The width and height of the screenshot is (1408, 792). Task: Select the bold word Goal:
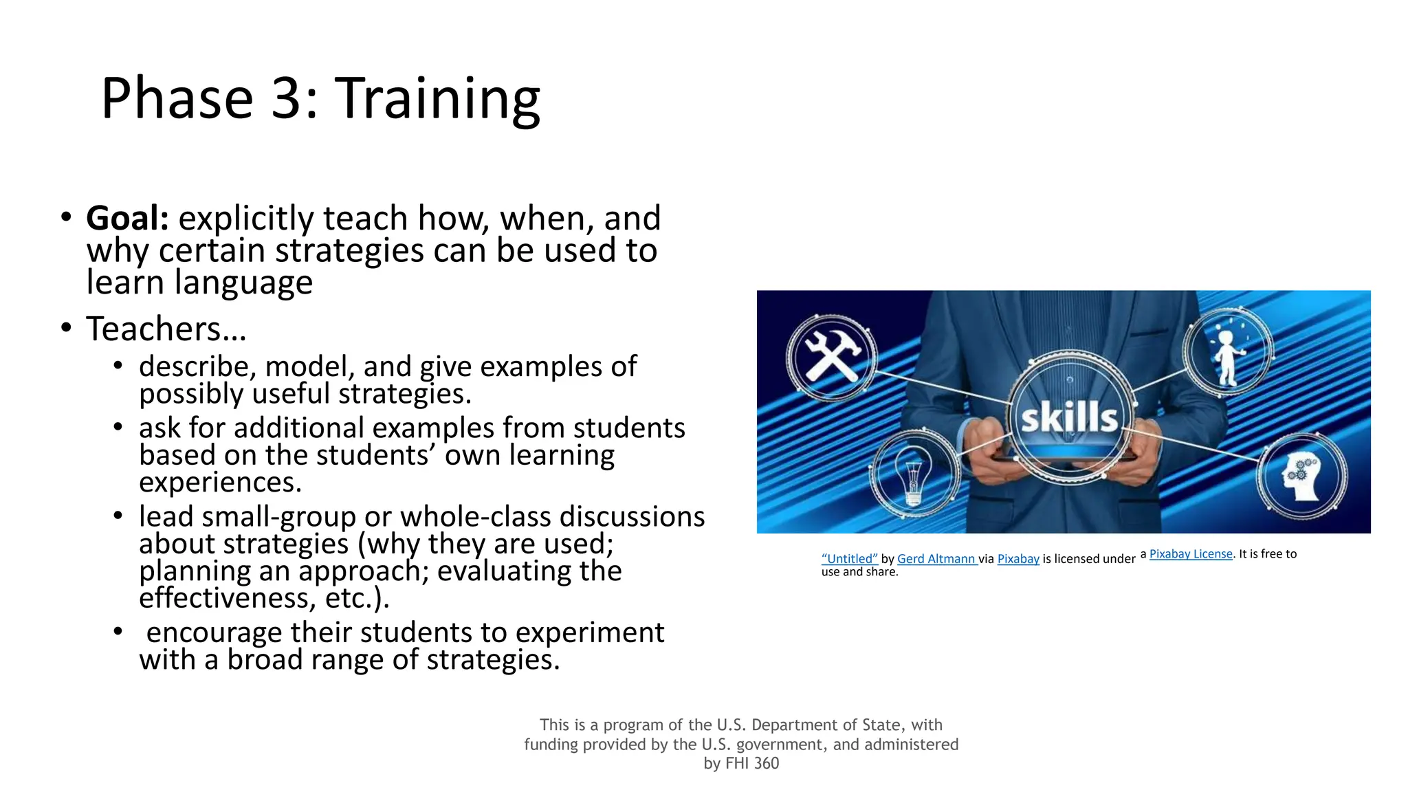click(x=128, y=219)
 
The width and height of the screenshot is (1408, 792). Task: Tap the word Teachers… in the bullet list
click(x=166, y=329)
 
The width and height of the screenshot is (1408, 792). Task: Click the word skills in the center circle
click(x=1069, y=417)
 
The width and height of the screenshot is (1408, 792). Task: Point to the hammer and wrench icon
click(x=832, y=356)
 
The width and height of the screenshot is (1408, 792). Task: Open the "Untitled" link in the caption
click(x=850, y=559)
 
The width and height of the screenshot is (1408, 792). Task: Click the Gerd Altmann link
click(x=936, y=559)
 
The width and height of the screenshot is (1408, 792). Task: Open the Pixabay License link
click(x=1191, y=554)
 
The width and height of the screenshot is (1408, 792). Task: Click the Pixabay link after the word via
click(x=1018, y=559)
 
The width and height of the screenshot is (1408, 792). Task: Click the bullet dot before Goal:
click(x=66, y=217)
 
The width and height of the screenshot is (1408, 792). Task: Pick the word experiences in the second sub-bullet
click(x=220, y=483)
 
